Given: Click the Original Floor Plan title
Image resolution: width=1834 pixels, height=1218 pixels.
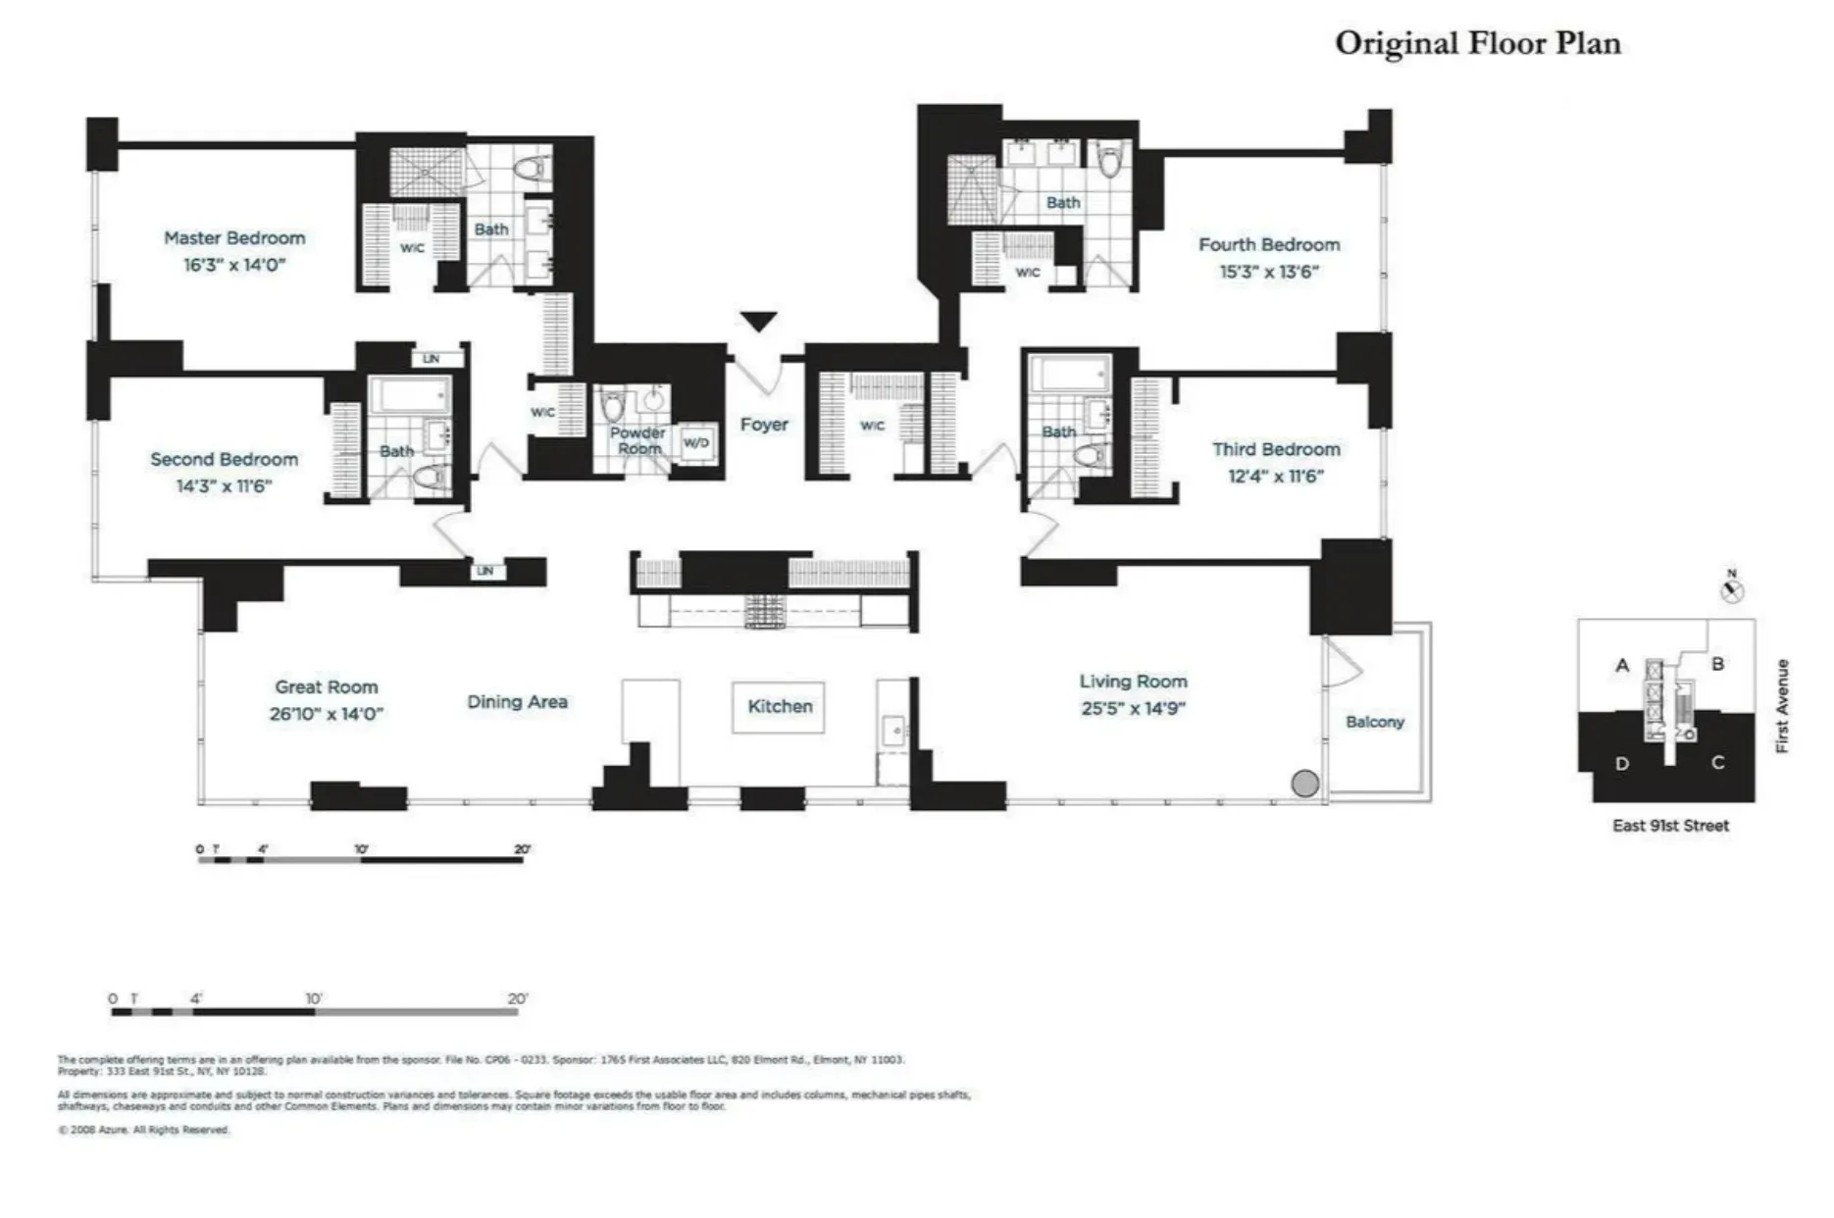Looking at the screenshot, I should click(1477, 43).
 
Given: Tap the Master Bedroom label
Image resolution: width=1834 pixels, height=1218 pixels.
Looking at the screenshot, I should click(234, 238).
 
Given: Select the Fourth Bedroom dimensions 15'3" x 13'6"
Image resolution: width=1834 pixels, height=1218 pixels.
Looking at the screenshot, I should click(1269, 272).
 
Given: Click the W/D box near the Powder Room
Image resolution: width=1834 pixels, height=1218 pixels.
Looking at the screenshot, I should click(695, 443).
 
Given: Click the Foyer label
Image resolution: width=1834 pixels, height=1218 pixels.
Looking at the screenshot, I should click(764, 425).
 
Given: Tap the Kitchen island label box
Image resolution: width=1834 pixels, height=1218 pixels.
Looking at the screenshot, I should click(779, 706).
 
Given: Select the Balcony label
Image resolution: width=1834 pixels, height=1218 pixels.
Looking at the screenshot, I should click(1374, 722).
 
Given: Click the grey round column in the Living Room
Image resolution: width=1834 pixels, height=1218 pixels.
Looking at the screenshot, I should click(1304, 783).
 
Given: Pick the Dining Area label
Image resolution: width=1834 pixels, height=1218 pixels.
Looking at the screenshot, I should click(517, 702).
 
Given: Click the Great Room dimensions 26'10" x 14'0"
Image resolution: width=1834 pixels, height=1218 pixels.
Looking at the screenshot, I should click(327, 714).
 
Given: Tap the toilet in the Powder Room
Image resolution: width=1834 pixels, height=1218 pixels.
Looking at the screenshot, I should click(614, 405).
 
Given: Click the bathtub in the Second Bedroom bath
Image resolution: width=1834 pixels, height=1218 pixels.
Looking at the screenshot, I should click(409, 395).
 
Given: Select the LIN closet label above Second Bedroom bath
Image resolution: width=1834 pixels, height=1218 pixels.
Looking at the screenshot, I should click(431, 359).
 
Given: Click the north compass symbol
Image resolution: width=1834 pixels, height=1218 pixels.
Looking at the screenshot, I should click(1732, 590).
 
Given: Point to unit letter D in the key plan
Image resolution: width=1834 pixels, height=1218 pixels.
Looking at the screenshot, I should click(1622, 763).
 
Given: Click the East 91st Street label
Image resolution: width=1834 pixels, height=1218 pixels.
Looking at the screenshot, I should click(1670, 826).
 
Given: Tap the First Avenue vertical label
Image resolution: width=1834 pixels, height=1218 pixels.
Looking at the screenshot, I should click(1782, 705).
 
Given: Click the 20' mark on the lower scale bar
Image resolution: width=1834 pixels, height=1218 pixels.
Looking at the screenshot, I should click(517, 999).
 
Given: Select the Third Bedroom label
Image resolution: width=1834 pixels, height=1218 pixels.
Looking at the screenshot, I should click(1275, 450).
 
